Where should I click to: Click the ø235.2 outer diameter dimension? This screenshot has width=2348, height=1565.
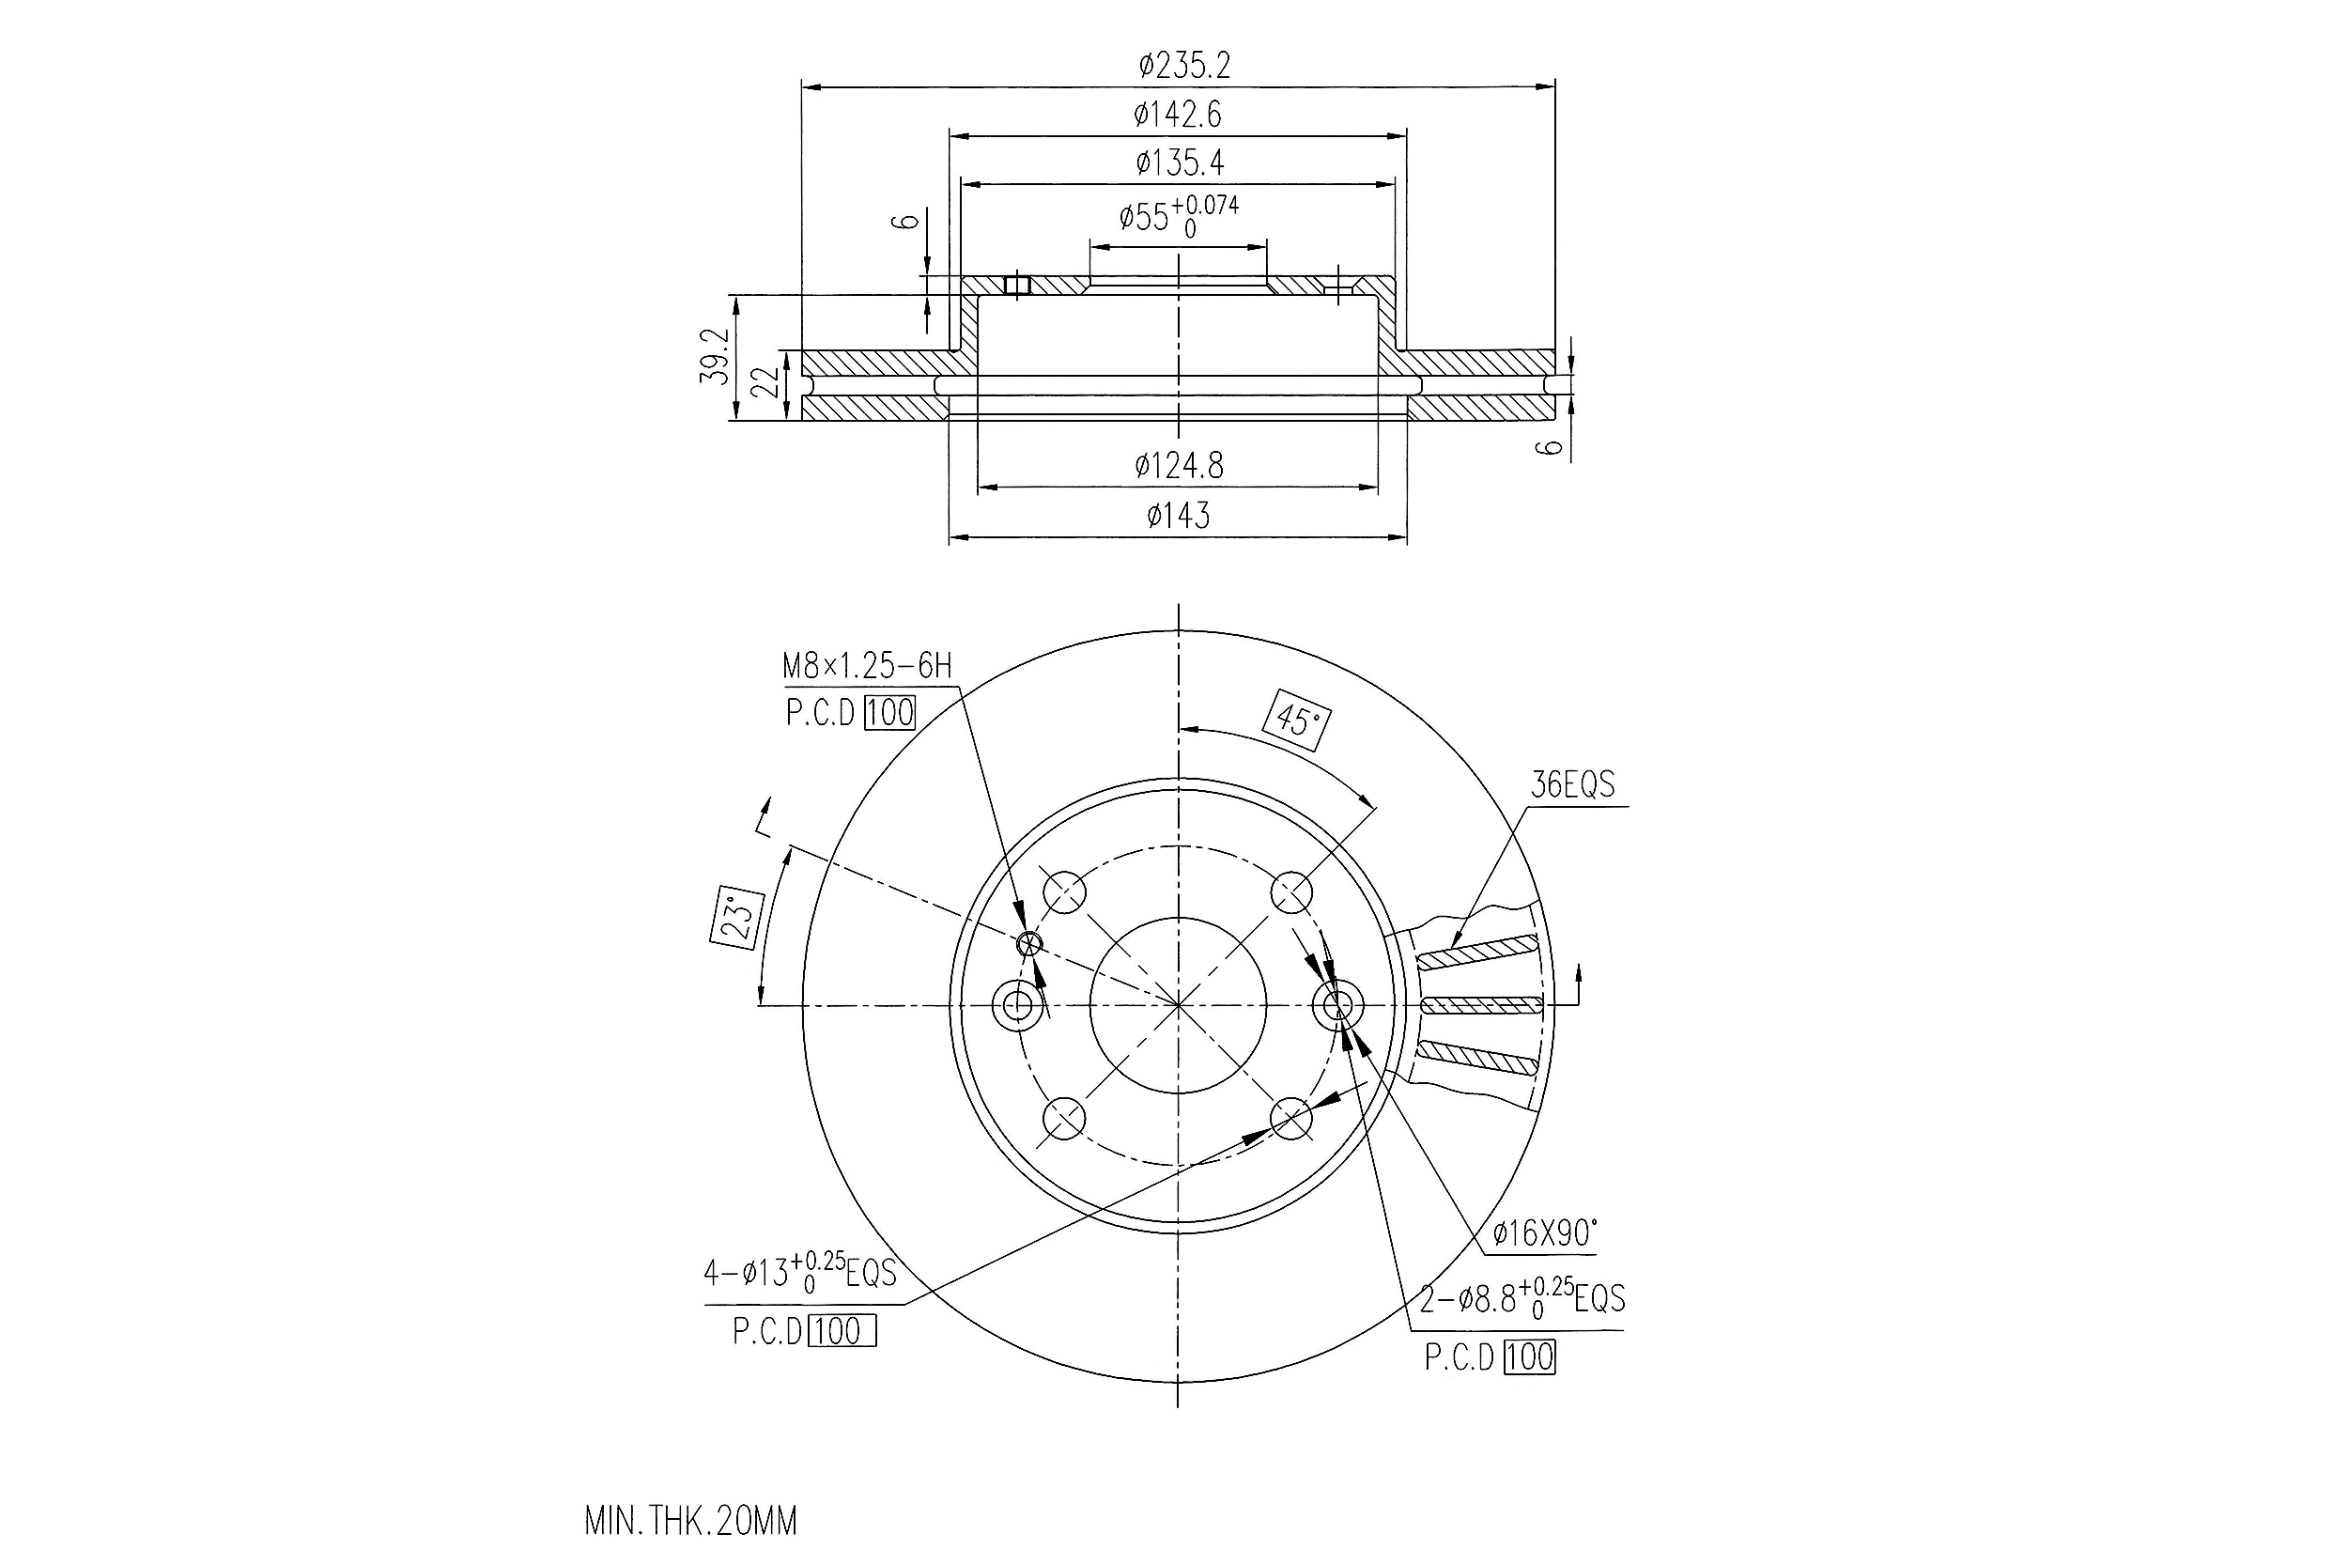[1184, 66]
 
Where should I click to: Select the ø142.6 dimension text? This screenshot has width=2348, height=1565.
[1178, 115]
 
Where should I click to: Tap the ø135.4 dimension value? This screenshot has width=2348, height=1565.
[1180, 162]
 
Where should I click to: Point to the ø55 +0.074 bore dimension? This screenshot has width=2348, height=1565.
[1178, 214]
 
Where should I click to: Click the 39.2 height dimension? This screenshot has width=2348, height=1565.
[716, 356]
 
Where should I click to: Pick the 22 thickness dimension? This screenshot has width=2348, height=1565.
[765, 381]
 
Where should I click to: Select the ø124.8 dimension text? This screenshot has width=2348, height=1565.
[1179, 465]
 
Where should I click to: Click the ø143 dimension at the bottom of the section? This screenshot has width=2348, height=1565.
[1179, 516]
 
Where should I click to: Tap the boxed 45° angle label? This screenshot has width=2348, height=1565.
[1297, 719]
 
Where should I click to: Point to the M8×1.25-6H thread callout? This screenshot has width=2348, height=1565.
[867, 666]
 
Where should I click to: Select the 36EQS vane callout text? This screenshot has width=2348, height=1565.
[1572, 784]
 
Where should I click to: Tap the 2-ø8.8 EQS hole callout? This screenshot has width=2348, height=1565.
[1522, 1298]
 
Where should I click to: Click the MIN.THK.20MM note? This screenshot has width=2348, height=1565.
[690, 1521]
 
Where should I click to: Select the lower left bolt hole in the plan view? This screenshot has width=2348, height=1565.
[1064, 1119]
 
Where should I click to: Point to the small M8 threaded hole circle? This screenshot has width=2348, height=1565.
[1027, 943]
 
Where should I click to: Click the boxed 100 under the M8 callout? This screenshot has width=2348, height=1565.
[889, 713]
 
